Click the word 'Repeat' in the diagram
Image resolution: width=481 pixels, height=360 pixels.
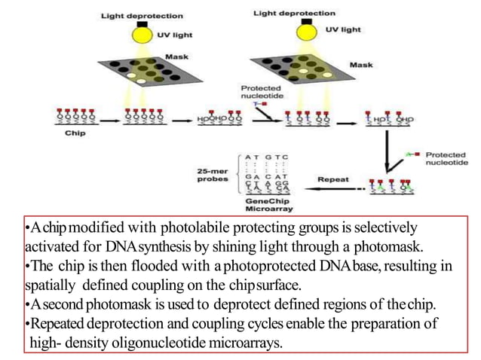332,180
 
